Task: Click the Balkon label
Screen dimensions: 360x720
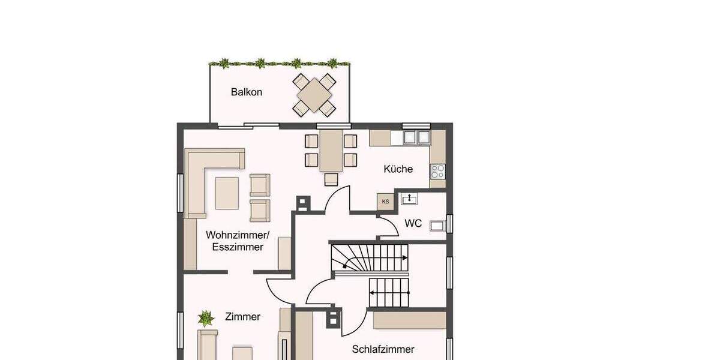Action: (x=247, y=92)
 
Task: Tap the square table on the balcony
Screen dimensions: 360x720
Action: (x=313, y=94)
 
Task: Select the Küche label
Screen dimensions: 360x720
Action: (x=398, y=169)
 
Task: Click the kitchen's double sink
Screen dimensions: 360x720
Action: (x=416, y=137)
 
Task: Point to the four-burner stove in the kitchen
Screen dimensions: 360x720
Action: (x=437, y=172)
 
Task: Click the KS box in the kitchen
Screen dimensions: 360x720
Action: (x=385, y=202)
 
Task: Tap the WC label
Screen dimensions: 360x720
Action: (x=413, y=224)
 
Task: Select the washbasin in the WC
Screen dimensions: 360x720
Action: (x=410, y=199)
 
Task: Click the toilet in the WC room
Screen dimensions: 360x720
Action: (x=439, y=226)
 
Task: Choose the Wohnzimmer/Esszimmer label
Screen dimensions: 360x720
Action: (x=235, y=241)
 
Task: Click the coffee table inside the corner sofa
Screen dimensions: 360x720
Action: (x=227, y=193)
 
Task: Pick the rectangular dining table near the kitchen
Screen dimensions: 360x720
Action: (x=331, y=150)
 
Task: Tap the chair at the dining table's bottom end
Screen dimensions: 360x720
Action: (x=331, y=179)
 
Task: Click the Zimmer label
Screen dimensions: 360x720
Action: (x=243, y=317)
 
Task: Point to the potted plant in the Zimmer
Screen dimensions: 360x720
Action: (x=206, y=317)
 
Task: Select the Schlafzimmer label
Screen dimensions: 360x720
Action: (x=383, y=349)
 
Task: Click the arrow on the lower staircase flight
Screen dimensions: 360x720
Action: (x=374, y=293)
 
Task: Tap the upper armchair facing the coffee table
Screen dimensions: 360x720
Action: (x=260, y=185)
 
